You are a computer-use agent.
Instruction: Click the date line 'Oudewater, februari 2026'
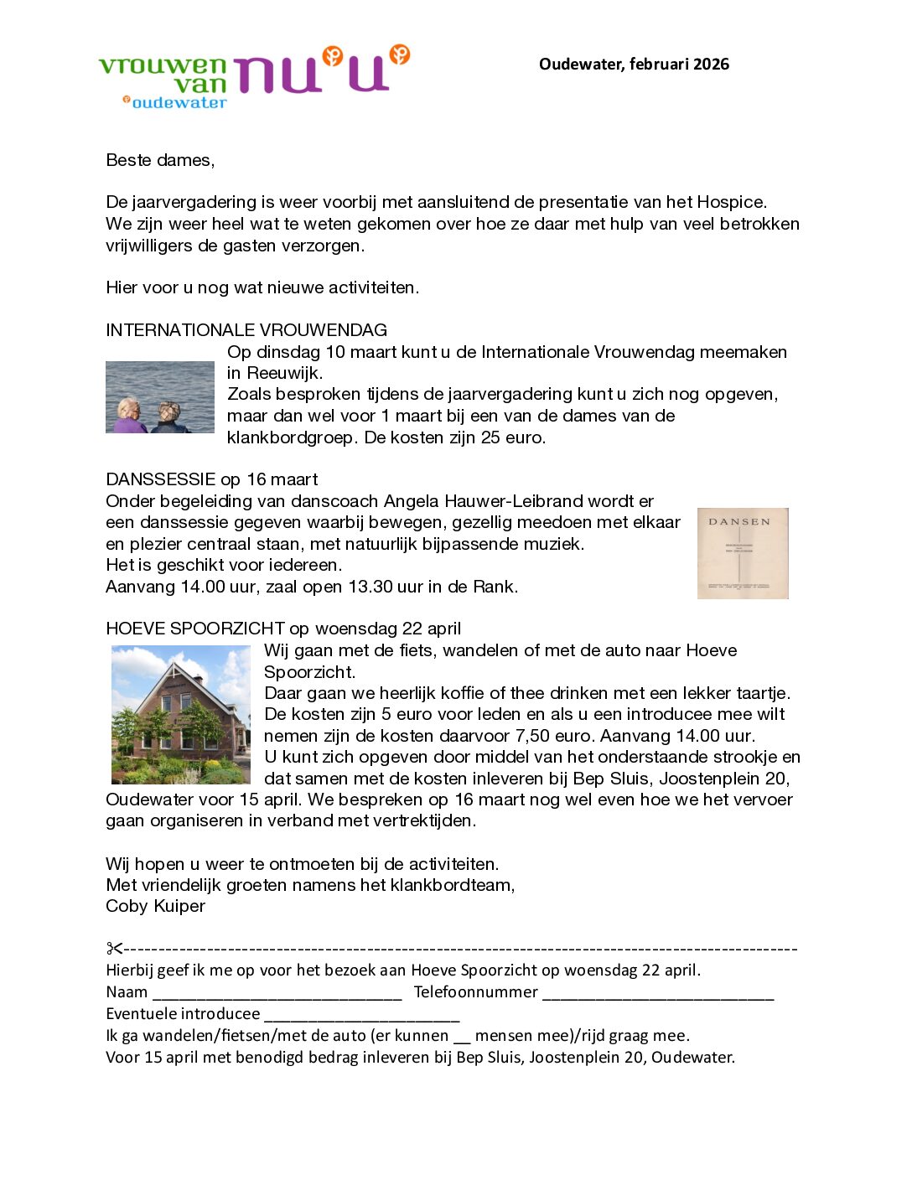[634, 65]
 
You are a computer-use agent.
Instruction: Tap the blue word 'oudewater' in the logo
[179, 103]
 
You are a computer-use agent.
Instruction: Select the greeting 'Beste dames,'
[160, 160]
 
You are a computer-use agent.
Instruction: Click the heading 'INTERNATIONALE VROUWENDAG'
[246, 330]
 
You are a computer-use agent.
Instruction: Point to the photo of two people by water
[160, 397]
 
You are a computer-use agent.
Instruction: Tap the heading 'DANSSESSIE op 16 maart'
[212, 479]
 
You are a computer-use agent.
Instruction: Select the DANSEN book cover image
[743, 553]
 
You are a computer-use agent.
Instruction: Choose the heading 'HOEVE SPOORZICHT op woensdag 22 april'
[283, 629]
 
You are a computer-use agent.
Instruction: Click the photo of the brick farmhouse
[181, 714]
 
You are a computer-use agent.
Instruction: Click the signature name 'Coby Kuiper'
[155, 906]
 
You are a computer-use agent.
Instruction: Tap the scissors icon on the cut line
[114, 949]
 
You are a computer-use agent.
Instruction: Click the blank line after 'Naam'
[277, 994]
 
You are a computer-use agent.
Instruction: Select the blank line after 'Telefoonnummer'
[658, 994]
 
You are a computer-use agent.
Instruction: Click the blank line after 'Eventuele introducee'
[362, 1016]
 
